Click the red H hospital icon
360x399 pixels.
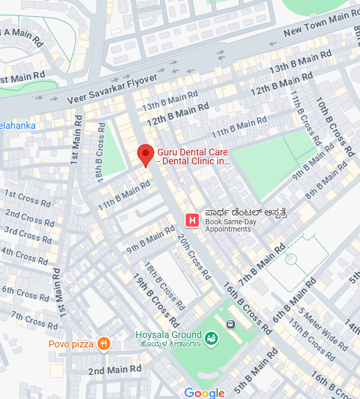coord(192,221)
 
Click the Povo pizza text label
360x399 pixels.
coord(71,344)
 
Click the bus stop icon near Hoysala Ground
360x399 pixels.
coord(231,324)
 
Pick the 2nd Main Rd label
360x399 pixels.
coord(115,370)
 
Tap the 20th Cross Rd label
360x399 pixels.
coord(194,256)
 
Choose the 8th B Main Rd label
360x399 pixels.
coord(326,180)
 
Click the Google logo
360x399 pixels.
coord(204,393)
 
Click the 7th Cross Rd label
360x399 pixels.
coord(34,319)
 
